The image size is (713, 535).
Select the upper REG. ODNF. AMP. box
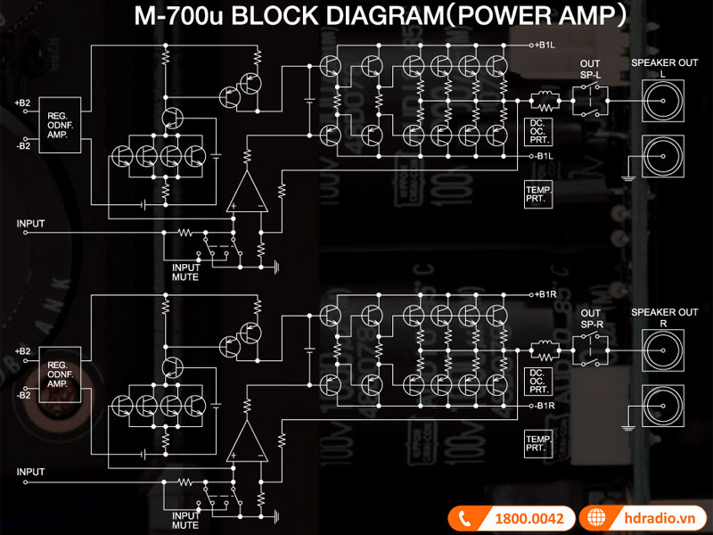(58, 123)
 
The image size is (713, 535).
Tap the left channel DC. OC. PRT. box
(538, 131)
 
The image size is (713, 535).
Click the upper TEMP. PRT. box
(538, 195)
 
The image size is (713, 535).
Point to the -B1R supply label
(545, 406)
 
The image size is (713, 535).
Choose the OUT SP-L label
(590, 69)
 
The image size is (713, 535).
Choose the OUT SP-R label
(590, 318)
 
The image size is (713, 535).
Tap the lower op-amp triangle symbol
(247, 440)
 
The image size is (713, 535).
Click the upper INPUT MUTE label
(185, 271)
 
